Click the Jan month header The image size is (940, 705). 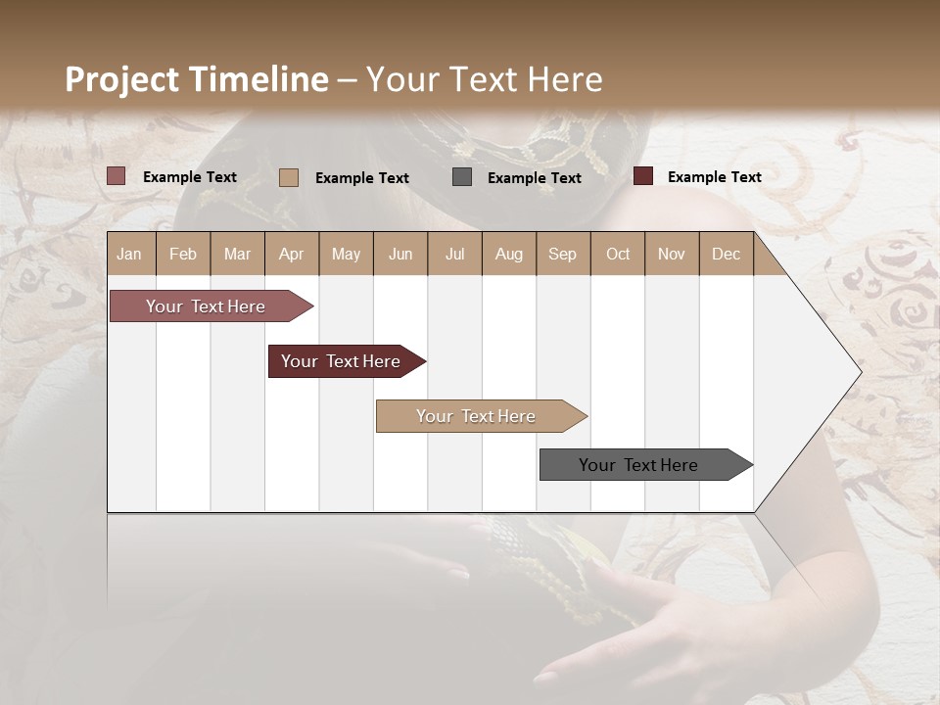pos(129,254)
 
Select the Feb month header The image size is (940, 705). pos(183,254)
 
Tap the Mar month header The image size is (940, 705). pos(237,254)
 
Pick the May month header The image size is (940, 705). pos(346,254)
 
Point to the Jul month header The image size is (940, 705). pos(454,254)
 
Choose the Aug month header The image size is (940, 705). pos(508,254)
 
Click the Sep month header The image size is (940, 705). pos(562,254)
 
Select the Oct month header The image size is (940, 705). pos(618,254)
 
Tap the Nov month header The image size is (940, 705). pos(671,254)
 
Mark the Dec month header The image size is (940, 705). pos(726,254)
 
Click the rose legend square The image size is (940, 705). pos(117,176)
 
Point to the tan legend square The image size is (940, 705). pos(289,177)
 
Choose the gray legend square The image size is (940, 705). pos(462,177)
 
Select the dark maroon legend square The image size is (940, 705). pos(643,176)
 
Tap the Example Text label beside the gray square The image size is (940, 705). pos(534,178)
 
